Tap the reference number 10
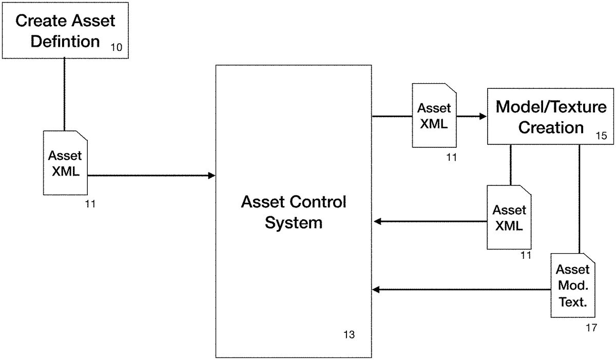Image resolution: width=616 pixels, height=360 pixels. click(x=116, y=48)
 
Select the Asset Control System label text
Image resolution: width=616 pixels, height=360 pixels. click(x=293, y=212)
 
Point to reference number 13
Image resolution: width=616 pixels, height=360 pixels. click(x=349, y=335)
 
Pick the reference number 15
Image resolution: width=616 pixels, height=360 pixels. click(x=601, y=136)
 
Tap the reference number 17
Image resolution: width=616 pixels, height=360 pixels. click(x=591, y=327)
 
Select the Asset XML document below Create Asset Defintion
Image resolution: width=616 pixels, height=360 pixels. click(x=65, y=163)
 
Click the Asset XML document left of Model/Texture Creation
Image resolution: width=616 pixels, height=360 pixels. click(x=434, y=116)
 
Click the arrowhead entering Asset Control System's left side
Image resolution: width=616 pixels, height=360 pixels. click(x=211, y=176)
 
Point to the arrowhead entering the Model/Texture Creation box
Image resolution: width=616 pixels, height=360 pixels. click(x=483, y=117)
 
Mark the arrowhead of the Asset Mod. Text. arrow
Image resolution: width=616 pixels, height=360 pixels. click(x=376, y=290)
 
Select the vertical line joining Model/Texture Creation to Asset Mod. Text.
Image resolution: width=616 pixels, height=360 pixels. click(x=580, y=198)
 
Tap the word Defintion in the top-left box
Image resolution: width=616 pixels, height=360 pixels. click(x=65, y=41)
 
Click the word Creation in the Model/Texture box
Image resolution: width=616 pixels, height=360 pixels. click(x=551, y=127)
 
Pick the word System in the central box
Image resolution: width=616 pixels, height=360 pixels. click(x=293, y=223)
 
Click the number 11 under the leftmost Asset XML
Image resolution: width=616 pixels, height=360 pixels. click(x=90, y=204)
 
